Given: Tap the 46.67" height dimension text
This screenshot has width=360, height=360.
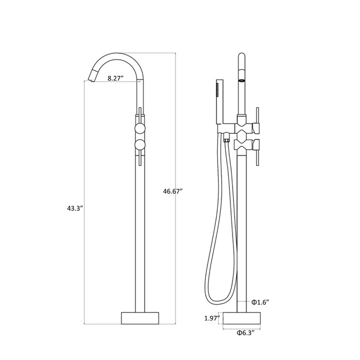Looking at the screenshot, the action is click(173, 191).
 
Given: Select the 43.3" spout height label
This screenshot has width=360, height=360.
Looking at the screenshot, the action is click(75, 209).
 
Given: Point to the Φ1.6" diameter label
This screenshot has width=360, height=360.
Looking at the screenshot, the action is click(260, 302).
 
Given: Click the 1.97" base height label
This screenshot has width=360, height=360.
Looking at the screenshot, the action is click(212, 318).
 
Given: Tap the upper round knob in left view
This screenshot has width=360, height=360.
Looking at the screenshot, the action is click(140, 128).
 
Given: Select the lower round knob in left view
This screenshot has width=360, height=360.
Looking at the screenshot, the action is click(140, 145).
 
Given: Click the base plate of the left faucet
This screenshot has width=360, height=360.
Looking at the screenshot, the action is click(140, 318).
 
